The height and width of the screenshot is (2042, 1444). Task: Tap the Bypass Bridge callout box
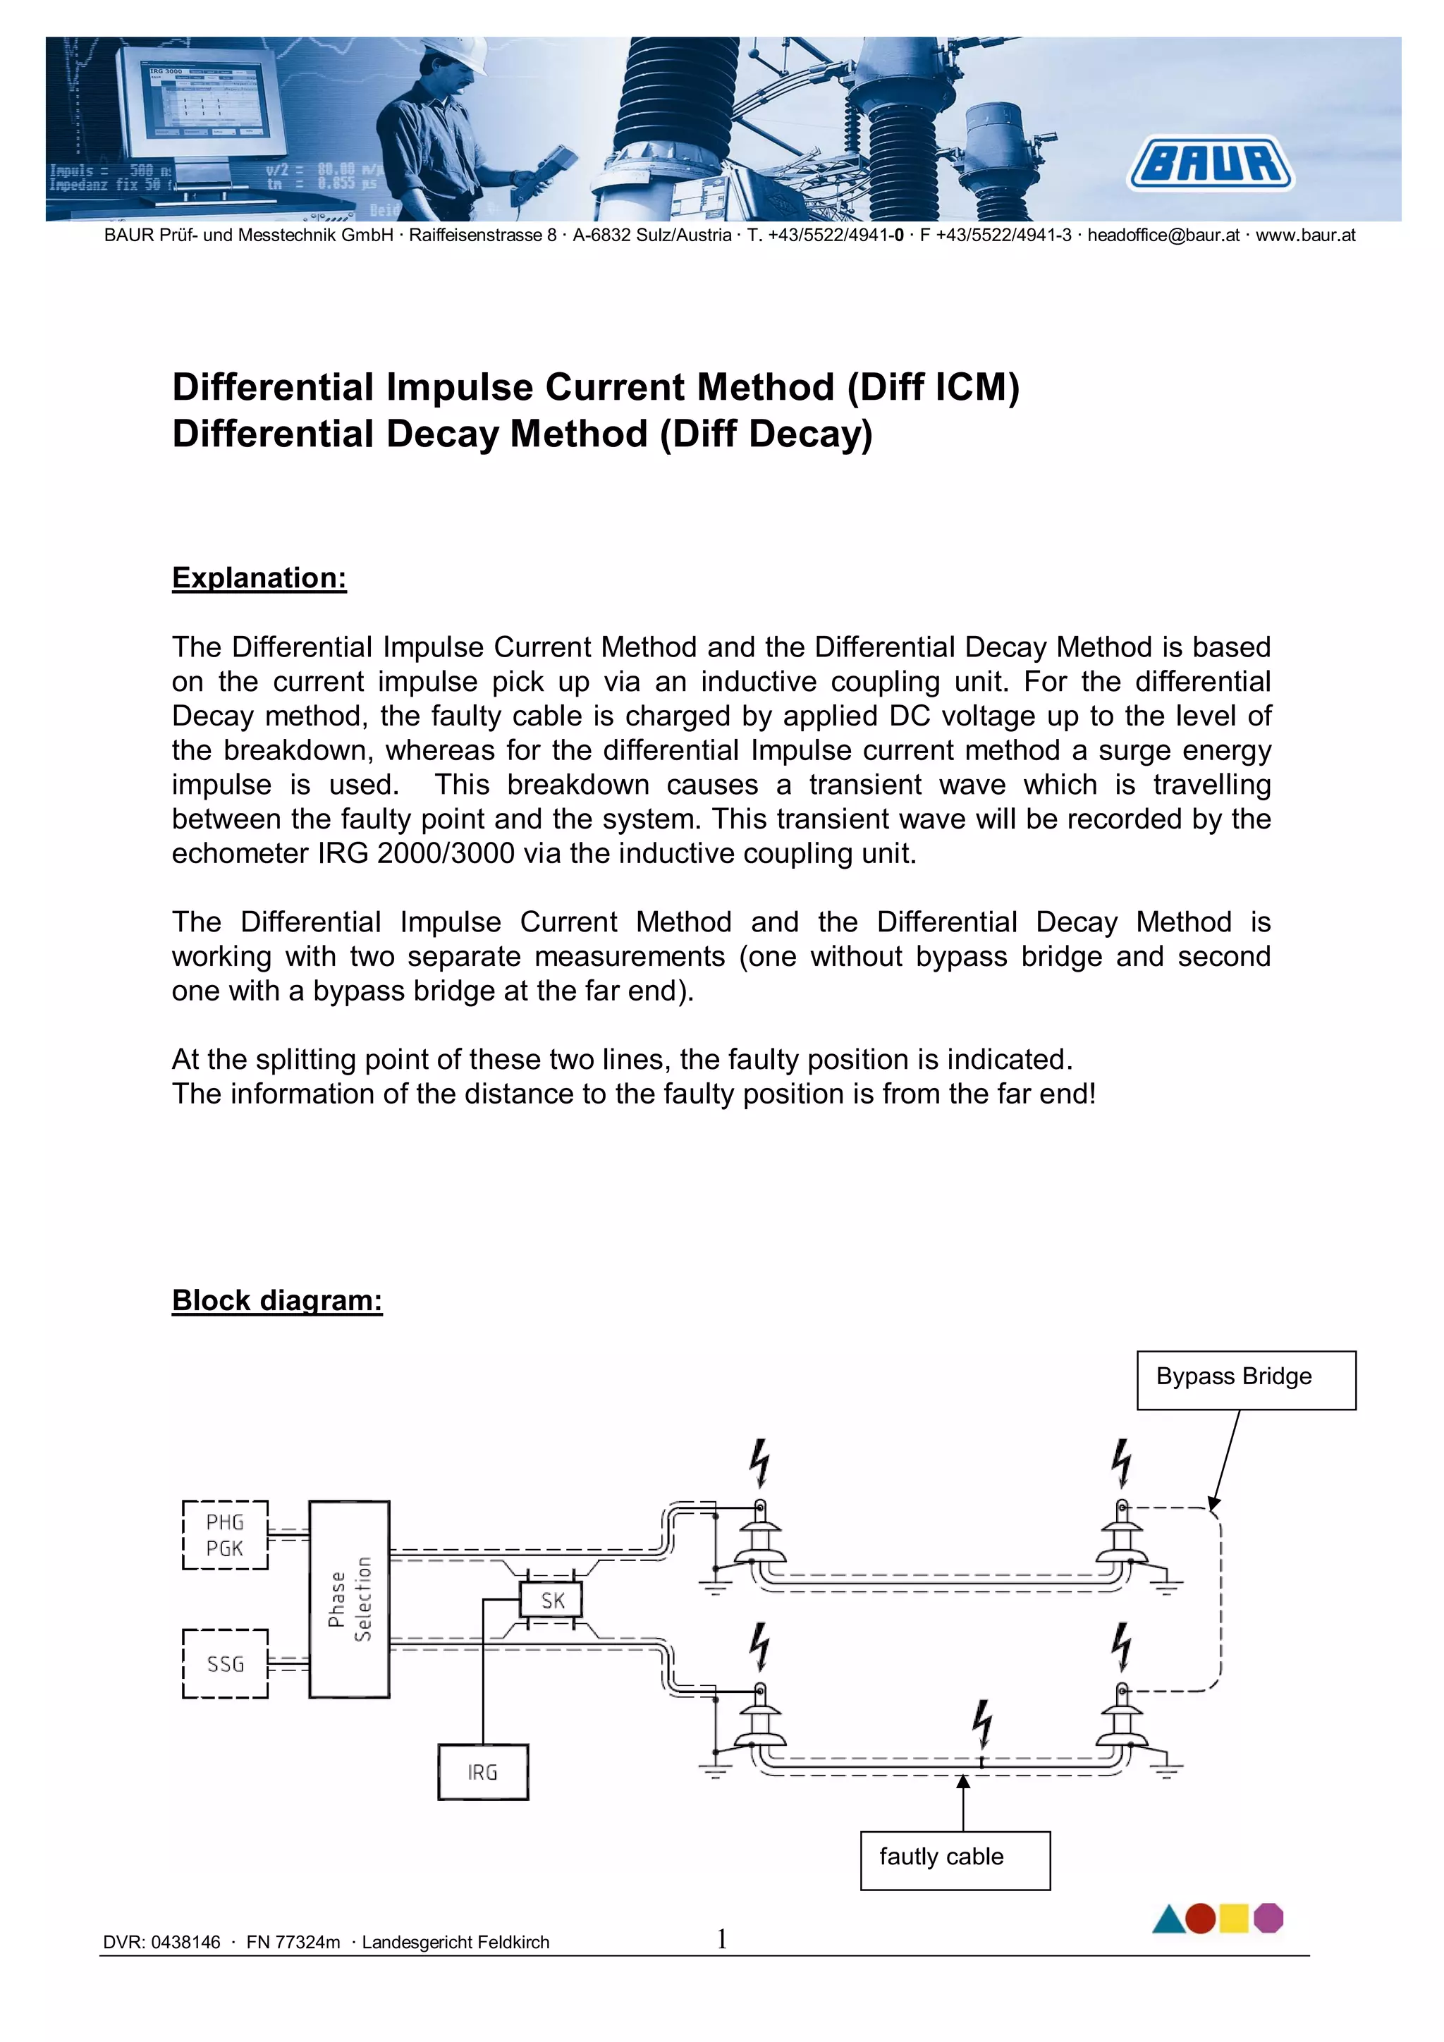tap(1246, 1379)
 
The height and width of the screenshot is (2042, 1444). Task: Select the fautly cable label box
tap(954, 1859)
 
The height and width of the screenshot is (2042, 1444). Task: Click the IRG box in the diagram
tap(483, 1772)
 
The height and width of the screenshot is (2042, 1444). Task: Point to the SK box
tap(551, 1601)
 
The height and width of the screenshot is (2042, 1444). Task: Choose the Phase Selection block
tap(348, 1598)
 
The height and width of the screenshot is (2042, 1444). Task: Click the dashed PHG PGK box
tap(225, 1535)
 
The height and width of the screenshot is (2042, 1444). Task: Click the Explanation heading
tap(259, 578)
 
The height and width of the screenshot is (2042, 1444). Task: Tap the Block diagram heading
tap(276, 1300)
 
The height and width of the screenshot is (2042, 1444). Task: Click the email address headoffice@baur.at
tap(1163, 236)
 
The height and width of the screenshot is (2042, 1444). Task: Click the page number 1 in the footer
tap(722, 1939)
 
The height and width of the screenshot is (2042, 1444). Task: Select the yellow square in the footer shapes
tap(1233, 1919)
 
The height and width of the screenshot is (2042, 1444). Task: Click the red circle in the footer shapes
tap(1200, 1919)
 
